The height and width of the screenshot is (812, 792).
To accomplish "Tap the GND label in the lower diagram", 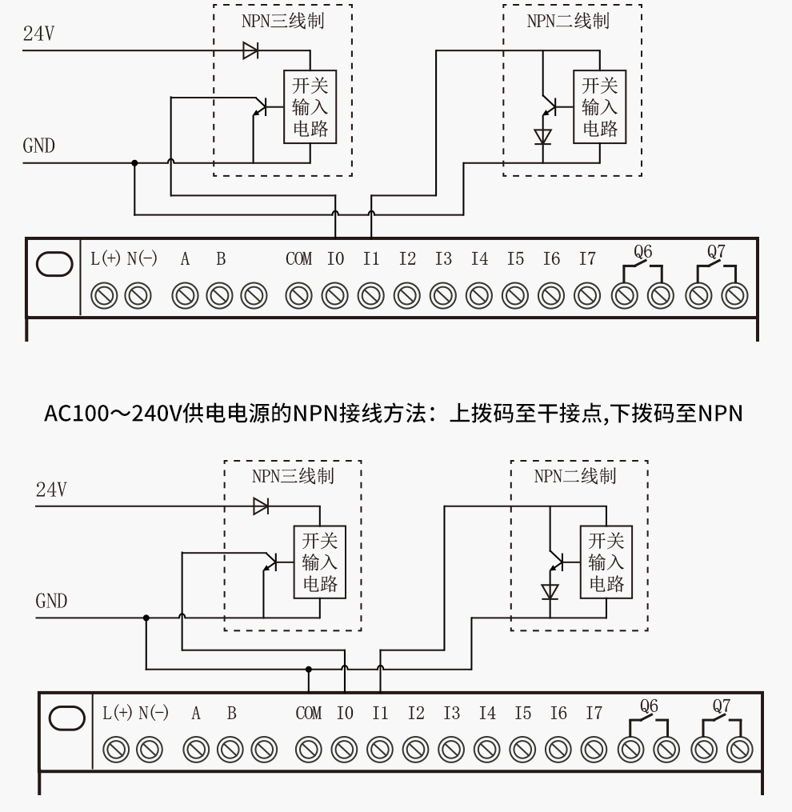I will [51, 602].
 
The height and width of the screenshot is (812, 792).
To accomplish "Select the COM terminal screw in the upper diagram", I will [299, 295].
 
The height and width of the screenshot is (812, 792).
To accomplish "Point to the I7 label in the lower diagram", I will [593, 713].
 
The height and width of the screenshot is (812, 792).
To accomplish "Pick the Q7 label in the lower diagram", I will [722, 706].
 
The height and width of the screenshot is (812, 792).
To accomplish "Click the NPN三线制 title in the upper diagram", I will [282, 22].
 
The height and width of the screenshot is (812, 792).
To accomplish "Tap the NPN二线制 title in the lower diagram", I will [575, 477].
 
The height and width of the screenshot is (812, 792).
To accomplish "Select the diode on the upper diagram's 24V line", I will [250, 51].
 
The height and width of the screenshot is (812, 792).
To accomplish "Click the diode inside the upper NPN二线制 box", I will [543, 135].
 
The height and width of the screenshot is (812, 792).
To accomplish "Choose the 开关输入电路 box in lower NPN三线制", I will [319, 562].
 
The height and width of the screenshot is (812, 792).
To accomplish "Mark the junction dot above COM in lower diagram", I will [309, 669].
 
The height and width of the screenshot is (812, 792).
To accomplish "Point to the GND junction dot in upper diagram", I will [134, 162].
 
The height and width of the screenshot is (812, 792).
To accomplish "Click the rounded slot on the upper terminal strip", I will [54, 265].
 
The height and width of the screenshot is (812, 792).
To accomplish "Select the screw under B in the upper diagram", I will [220, 295].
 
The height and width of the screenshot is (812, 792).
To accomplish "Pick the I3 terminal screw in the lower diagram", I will [451, 750].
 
